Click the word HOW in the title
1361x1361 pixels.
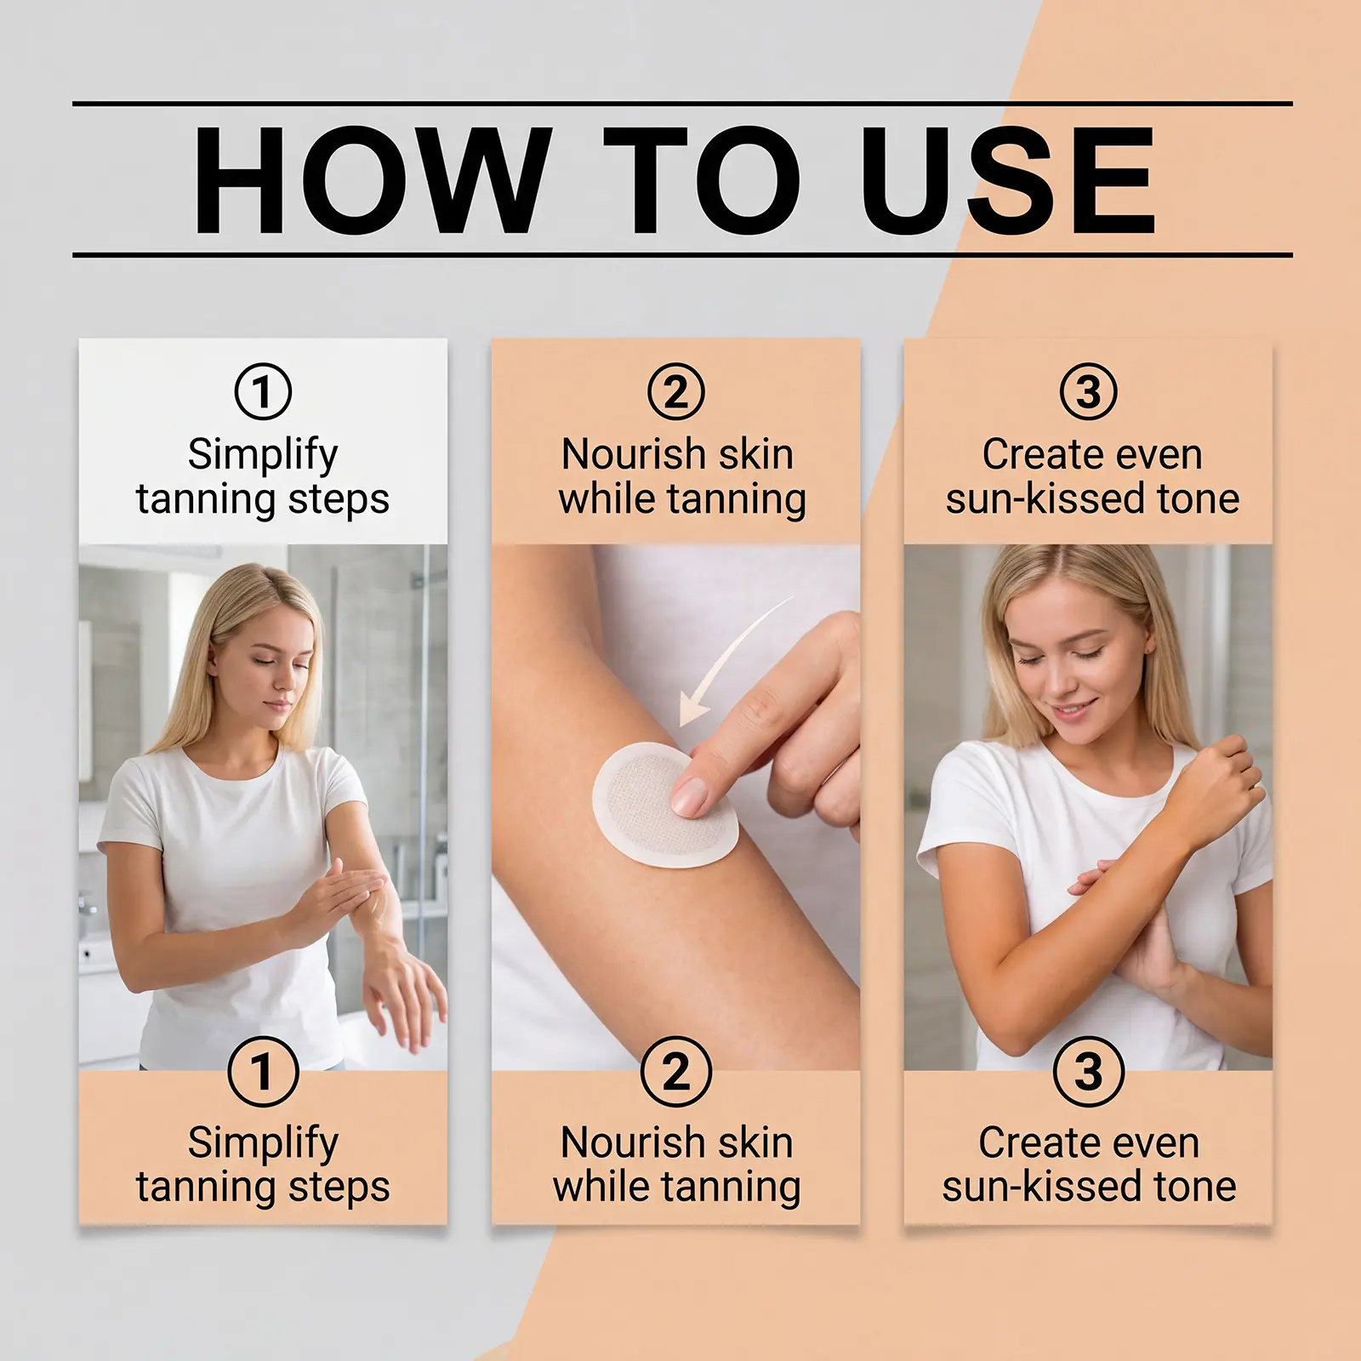367,180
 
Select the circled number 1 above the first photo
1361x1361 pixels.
263,391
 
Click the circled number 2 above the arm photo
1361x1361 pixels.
676,391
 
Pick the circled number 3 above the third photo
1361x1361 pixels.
1089,391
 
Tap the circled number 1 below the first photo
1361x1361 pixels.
263,1071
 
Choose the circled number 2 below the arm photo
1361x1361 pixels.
676,1071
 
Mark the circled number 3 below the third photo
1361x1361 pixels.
1089,1071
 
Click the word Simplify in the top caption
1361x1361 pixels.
263,455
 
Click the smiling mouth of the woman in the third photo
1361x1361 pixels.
1073,709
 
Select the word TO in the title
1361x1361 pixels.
703,180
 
